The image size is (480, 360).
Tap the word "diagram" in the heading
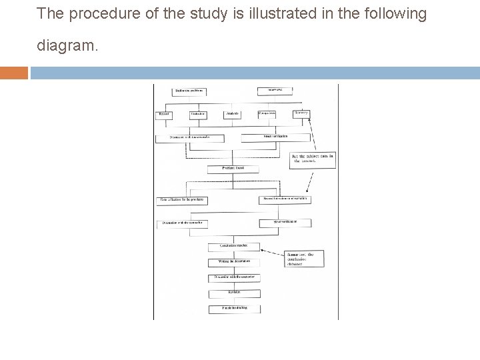coord(66,48)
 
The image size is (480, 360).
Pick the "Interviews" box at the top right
coord(275,91)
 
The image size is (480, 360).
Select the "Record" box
coord(164,115)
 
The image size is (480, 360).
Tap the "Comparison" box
coord(268,114)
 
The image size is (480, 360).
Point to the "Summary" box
coord(302,114)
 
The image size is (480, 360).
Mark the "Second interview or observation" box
coord(285,199)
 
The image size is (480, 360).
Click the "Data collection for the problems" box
coord(181,199)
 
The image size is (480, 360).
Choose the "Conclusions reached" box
coord(233,246)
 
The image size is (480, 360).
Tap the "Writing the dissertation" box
coord(233,261)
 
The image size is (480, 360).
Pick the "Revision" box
coord(233,293)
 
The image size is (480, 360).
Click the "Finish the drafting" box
coord(233,308)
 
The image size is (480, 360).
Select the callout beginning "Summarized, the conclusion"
coord(303,259)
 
